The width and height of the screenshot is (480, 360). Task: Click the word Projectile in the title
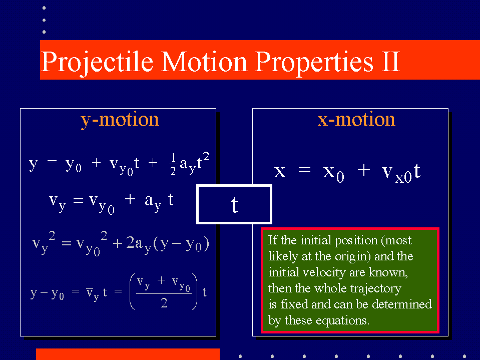[97, 63]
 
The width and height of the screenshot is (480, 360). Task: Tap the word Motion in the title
[204, 62]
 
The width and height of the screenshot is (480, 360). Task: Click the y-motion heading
[120, 120]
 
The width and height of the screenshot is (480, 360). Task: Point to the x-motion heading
[356, 119]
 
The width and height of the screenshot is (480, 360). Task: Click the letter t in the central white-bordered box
[234, 204]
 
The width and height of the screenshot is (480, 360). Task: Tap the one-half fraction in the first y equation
[173, 164]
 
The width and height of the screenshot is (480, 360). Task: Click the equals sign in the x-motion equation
[304, 170]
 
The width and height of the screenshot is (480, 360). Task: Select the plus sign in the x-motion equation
[364, 170]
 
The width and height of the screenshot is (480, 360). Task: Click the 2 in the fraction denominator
[164, 303]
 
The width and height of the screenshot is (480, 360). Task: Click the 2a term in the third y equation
[134, 244]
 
